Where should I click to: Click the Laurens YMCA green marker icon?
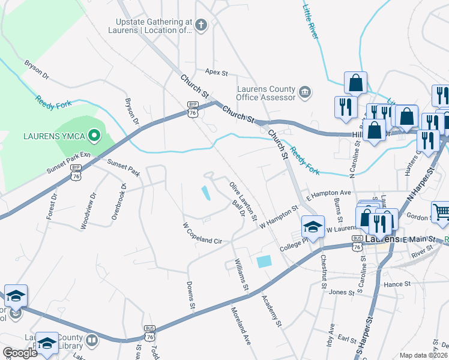pyautogui.click(x=93, y=136)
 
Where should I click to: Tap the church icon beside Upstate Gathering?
pyautogui.click(x=201, y=25)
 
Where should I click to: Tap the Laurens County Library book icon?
pyautogui.click(x=91, y=341)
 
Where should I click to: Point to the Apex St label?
pyautogui.click(x=217, y=73)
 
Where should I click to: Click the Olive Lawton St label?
pyautogui.click(x=243, y=200)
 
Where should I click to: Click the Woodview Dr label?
pyautogui.click(x=88, y=211)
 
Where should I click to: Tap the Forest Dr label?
pyautogui.click(x=53, y=206)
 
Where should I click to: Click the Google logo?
pyautogui.click(x=20, y=353)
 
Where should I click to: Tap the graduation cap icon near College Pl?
pyautogui.click(x=313, y=226)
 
